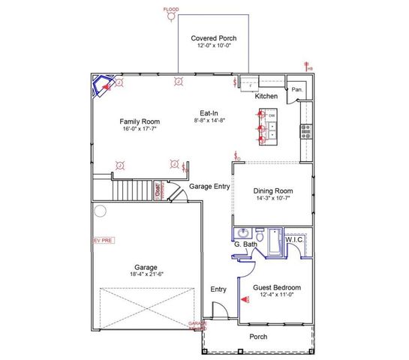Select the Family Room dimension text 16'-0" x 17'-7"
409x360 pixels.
pyautogui.click(x=141, y=130)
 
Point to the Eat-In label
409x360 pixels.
pyautogui.click(x=209, y=112)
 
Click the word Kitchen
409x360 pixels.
pyautogui.click(x=266, y=96)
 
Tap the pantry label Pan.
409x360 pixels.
pyautogui.click(x=298, y=89)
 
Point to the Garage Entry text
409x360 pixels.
pyautogui.click(x=209, y=186)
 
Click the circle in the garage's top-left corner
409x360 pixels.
pyautogui.click(x=98, y=211)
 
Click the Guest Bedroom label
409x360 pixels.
pyautogui.click(x=277, y=287)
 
